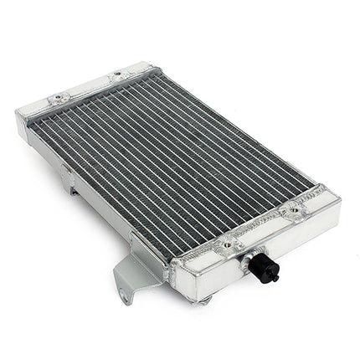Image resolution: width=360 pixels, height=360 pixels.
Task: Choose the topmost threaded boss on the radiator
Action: click(118, 74)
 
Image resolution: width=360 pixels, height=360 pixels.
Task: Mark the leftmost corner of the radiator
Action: click(18, 111)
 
